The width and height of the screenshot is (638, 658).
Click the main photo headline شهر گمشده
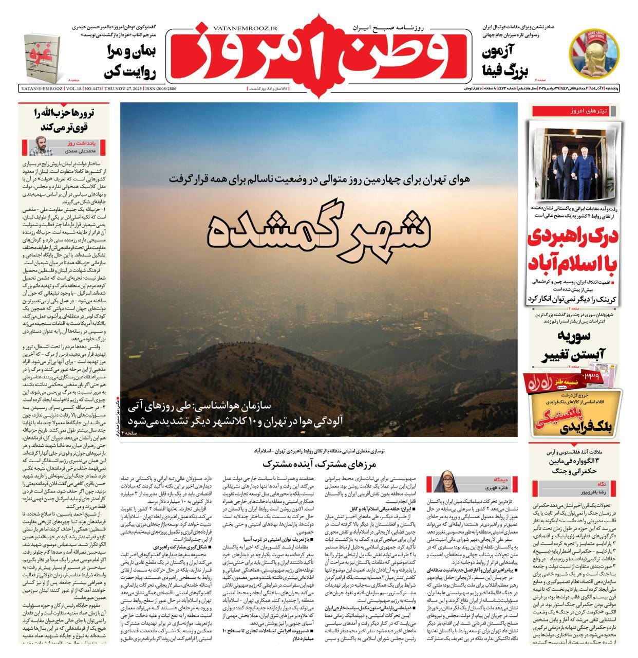[318, 229]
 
